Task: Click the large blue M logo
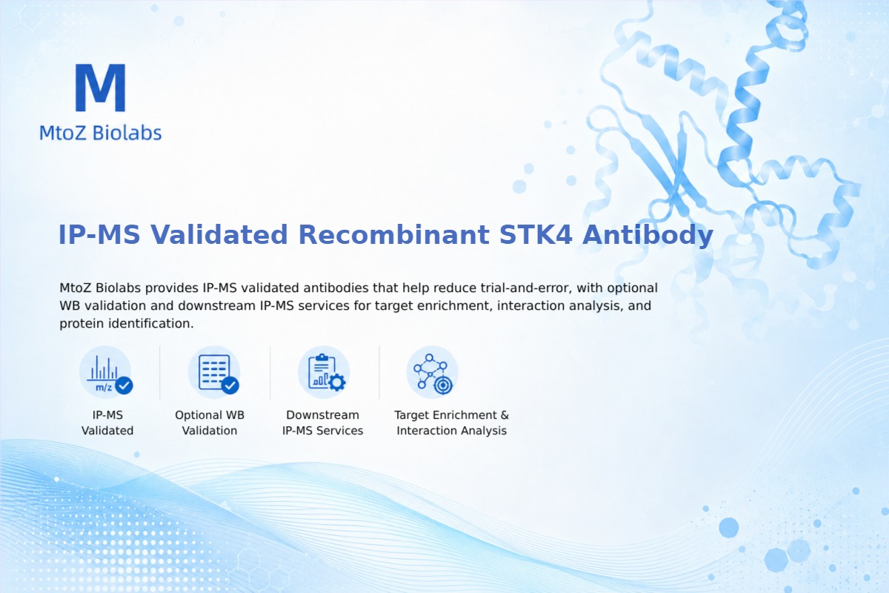101,87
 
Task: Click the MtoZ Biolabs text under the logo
101,133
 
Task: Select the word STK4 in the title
536,234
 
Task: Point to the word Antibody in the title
647,235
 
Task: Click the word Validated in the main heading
219,234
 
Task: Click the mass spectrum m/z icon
105,373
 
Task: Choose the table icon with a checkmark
214,373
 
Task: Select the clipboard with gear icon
324,373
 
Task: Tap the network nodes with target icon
432,373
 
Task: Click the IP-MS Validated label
107,423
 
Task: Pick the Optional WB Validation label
210,423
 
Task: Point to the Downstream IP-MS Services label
323,423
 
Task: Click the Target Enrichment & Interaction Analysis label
452,423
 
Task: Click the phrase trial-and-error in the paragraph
526,288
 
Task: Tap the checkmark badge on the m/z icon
124,385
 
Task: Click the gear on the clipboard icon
337,382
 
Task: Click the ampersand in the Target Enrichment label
505,415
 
